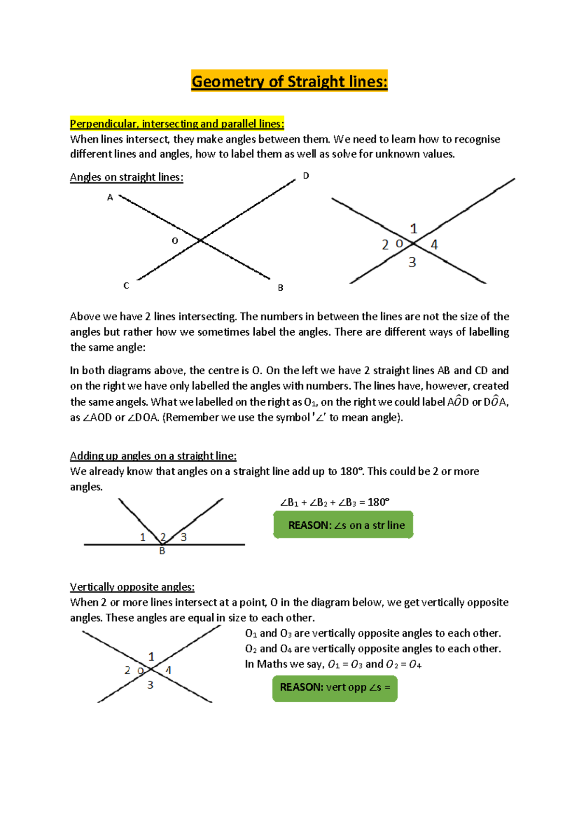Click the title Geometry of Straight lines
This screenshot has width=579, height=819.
click(289, 81)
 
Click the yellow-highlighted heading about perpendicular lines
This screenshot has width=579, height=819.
click(177, 124)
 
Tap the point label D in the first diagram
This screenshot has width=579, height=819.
click(306, 176)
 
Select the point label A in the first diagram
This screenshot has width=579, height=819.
click(110, 198)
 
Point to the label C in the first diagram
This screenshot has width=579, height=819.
click(126, 286)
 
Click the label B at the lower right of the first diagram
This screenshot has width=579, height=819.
click(280, 288)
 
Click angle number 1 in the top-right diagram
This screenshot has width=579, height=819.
click(414, 228)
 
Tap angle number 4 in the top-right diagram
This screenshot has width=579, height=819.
click(434, 245)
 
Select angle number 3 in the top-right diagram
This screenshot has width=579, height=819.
click(412, 262)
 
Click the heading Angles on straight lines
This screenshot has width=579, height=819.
click(126, 177)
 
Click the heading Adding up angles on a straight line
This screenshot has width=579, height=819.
click(153, 456)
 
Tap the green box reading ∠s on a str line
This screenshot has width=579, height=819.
click(343, 525)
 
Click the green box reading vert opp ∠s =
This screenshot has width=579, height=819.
click(335, 687)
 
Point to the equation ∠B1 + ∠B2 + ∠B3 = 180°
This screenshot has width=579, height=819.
click(334, 502)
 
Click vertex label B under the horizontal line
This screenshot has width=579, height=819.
click(162, 551)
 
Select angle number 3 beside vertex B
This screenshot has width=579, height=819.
click(183, 537)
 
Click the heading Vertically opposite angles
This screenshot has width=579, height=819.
click(132, 587)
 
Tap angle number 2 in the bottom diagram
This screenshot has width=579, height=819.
click(127, 670)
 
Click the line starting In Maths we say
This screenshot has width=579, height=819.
click(333, 664)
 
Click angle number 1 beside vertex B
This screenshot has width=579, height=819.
click(143, 537)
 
